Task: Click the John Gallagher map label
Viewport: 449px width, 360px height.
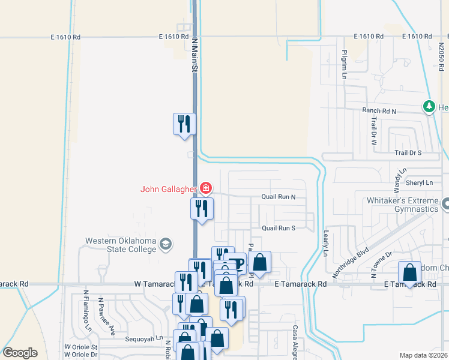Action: (x=168, y=189)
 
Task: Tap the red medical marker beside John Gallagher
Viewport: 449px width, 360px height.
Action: (x=205, y=188)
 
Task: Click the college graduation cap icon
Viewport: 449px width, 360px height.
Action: (x=166, y=244)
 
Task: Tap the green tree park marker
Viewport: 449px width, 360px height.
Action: (x=429, y=107)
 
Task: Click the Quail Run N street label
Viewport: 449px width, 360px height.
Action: (x=279, y=197)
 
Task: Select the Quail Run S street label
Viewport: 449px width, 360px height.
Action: (x=279, y=228)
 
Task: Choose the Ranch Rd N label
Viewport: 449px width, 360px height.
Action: (x=379, y=111)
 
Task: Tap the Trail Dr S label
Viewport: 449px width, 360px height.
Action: (x=408, y=153)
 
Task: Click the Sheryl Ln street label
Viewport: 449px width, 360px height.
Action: (x=420, y=182)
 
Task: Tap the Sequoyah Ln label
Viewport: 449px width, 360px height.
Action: (x=143, y=339)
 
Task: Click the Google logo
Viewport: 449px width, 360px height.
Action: (x=20, y=353)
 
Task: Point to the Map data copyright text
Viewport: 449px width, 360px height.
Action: (x=423, y=355)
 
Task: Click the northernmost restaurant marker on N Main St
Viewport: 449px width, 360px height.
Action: (x=184, y=124)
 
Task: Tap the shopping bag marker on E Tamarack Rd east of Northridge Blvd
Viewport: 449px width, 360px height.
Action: (x=409, y=272)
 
